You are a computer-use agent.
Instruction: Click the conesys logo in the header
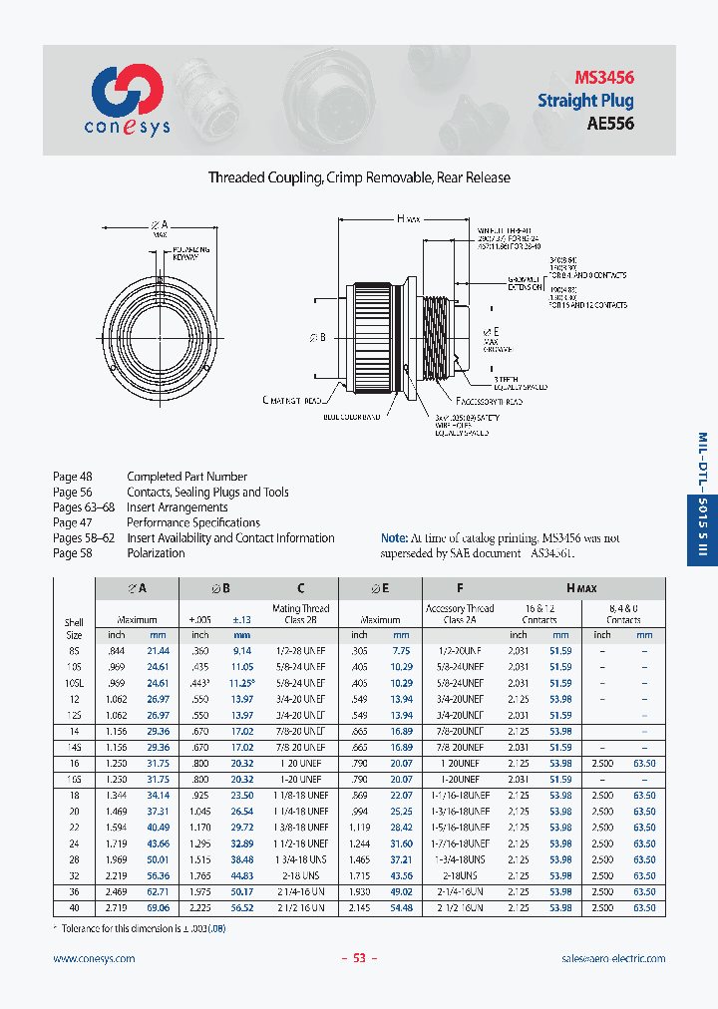click(127, 99)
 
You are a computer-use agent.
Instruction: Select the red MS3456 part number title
click(603, 77)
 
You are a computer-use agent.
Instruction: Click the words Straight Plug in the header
click(585, 101)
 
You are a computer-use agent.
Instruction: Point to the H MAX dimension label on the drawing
click(409, 217)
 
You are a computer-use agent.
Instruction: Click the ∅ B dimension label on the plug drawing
click(318, 338)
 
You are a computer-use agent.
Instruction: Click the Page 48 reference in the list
click(72, 477)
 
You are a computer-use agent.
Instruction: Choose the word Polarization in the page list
click(156, 553)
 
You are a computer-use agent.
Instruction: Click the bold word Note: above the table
click(395, 536)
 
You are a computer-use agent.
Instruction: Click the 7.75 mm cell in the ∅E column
click(401, 650)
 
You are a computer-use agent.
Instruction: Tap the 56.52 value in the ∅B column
click(242, 907)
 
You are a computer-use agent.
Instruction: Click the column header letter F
click(459, 588)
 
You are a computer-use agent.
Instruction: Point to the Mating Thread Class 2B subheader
click(300, 613)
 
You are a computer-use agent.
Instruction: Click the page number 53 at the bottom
click(360, 958)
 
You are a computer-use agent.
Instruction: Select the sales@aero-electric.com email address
click(613, 958)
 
